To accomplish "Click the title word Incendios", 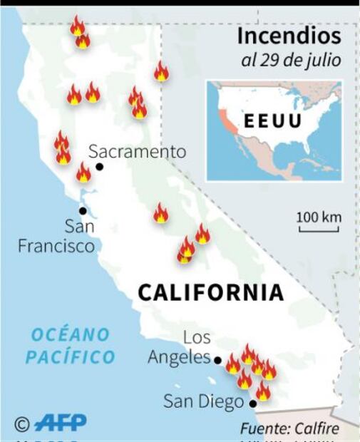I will click(x=289, y=36).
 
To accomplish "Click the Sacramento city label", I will click(x=137, y=151).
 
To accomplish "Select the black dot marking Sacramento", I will click(x=99, y=167).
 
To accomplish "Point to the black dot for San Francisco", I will click(x=83, y=211).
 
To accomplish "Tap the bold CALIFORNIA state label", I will click(x=210, y=292).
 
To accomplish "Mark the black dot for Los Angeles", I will click(x=217, y=361).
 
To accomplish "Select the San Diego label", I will click(x=203, y=402).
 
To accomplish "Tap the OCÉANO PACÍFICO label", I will click(x=70, y=346).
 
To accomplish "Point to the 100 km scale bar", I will click(x=318, y=225).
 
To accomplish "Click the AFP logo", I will click(x=61, y=423).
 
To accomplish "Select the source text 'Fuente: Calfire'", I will click(x=289, y=428).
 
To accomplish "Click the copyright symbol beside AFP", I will click(x=22, y=424).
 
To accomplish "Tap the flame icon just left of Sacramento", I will click(x=83, y=172).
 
